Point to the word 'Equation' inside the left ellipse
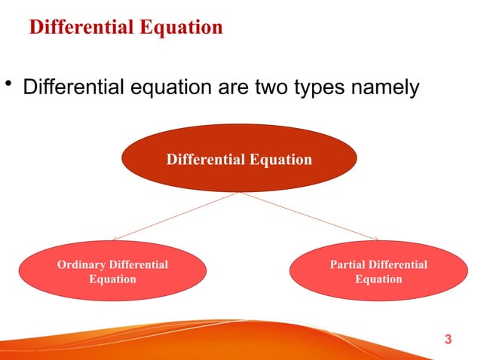(x=112, y=279)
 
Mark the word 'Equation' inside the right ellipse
(x=378, y=279)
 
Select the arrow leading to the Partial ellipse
(x=309, y=216)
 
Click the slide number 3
(x=449, y=340)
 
